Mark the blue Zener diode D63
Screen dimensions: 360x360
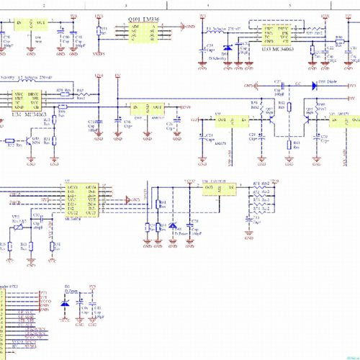point(173,227)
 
